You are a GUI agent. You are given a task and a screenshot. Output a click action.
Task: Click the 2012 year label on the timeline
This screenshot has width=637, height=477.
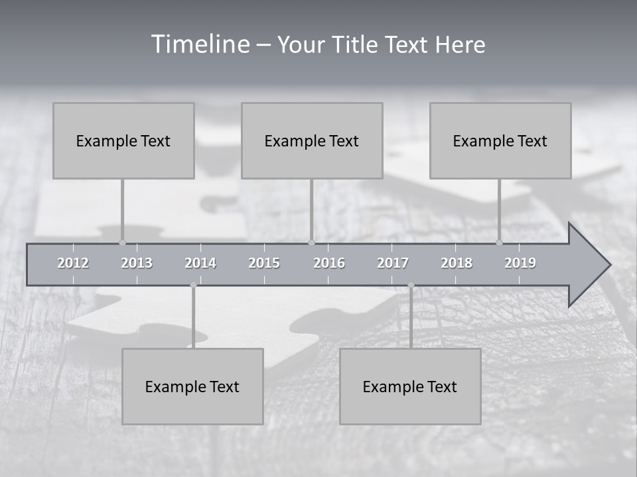[73, 263]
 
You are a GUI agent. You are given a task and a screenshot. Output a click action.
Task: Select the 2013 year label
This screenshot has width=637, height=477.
[137, 263]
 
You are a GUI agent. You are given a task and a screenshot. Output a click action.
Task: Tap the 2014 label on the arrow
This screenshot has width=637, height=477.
[200, 263]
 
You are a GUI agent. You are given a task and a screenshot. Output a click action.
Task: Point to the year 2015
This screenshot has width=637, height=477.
[264, 263]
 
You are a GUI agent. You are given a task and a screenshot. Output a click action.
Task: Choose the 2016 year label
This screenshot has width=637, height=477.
[329, 263]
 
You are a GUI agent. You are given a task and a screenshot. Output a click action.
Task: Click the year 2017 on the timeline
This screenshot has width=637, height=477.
[393, 263]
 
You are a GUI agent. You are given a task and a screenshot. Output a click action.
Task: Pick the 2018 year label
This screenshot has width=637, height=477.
[457, 263]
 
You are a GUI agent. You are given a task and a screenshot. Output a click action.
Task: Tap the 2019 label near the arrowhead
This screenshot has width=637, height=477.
[520, 263]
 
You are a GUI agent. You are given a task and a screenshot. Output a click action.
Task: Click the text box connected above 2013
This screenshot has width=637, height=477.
[123, 140]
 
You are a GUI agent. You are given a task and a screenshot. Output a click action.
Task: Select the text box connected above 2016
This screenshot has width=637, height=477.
[312, 140]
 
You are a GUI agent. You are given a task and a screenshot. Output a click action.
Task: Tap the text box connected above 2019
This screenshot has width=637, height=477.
[500, 140]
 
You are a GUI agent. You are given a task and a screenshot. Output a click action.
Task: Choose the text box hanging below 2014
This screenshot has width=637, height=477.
[192, 386]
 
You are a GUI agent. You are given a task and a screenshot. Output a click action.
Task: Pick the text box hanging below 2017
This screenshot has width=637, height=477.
[410, 386]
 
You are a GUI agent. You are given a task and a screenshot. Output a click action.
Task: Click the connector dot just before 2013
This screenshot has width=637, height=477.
[122, 242]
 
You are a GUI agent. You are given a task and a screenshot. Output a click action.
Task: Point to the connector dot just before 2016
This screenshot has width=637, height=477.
[311, 242]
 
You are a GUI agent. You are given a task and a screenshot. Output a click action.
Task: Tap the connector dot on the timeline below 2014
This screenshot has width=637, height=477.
[193, 285]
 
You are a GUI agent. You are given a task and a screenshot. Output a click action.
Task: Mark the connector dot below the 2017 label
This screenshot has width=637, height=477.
[411, 285]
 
